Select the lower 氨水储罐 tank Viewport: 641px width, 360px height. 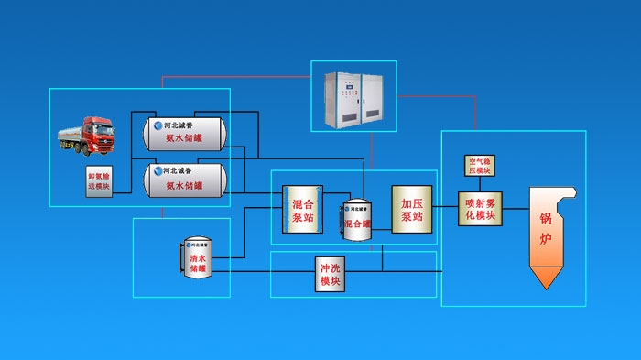184,180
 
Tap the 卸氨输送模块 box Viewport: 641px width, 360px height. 99,180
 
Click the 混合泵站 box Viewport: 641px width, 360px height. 302,210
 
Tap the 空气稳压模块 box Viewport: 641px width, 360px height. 480,166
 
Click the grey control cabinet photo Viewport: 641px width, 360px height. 353,96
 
